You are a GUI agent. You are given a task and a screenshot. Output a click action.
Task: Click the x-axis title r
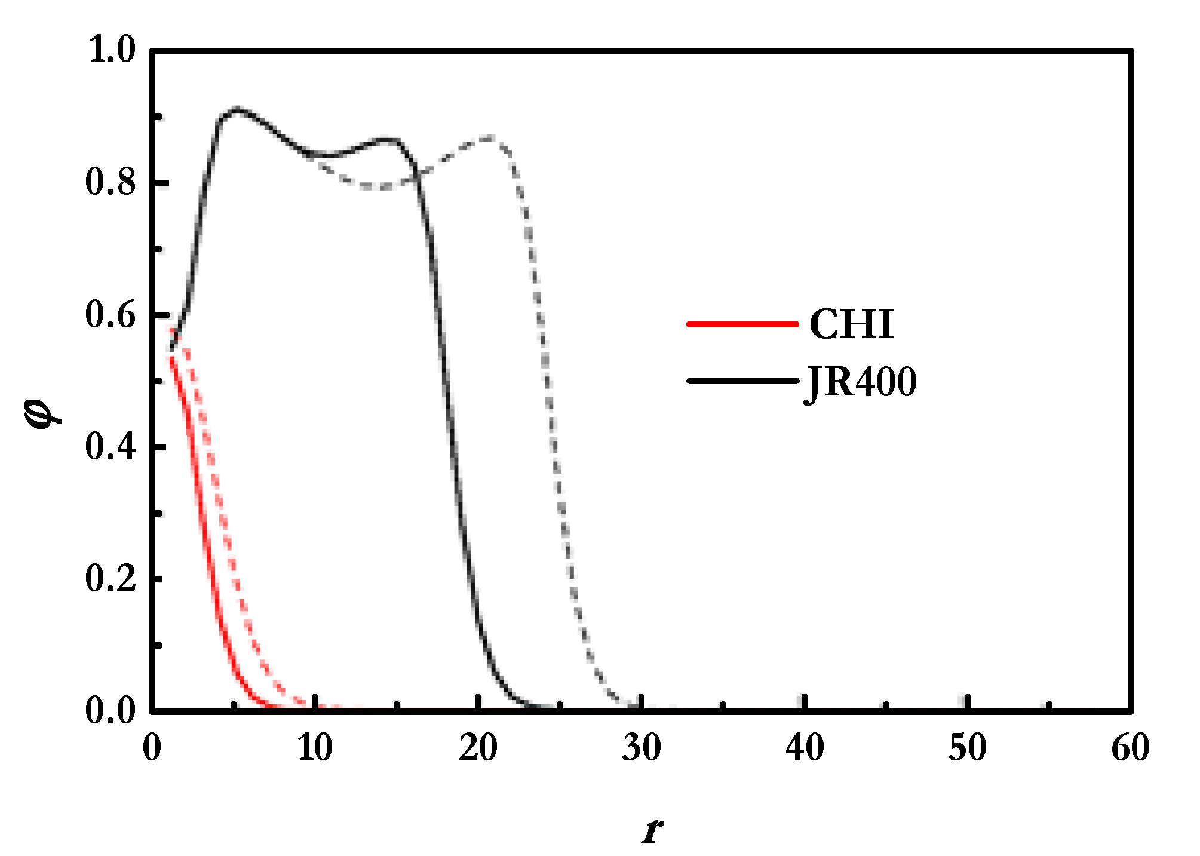coord(653,830)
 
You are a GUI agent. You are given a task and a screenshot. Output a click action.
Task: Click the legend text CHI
coord(851,324)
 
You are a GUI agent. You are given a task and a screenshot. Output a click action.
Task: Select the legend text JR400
coord(861,382)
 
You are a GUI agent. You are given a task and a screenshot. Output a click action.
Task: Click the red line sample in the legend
coord(742,324)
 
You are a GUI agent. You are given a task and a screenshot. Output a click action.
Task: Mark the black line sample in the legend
coord(742,381)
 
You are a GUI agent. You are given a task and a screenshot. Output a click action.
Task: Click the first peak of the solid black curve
coord(237,110)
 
